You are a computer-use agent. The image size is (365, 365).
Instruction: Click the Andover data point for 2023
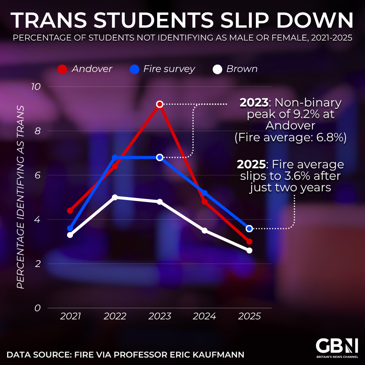coord(160,104)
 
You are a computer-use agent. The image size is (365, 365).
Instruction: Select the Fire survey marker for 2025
coord(249,228)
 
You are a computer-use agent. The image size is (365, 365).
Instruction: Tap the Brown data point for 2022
coord(115,197)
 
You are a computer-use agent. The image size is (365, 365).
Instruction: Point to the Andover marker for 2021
coord(70,210)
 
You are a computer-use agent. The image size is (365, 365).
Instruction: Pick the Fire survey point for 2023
coord(160,158)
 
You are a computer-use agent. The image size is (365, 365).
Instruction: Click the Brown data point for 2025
coord(249,250)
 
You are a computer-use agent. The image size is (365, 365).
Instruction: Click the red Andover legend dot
coord(63,69)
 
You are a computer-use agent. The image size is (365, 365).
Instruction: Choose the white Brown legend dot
coord(218,69)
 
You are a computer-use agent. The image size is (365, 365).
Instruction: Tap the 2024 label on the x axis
coord(204,317)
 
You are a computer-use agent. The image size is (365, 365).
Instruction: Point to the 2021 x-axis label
coord(70,317)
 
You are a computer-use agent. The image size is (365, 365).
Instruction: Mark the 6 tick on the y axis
coord(37,175)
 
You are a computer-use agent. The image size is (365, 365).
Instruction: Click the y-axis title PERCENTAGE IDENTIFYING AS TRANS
coord(21,197)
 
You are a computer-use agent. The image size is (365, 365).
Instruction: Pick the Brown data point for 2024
coord(204,231)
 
